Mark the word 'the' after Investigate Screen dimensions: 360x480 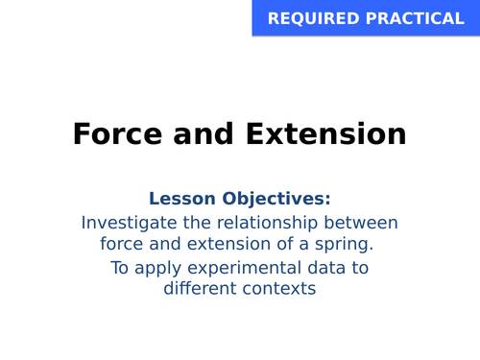pos(202,222)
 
